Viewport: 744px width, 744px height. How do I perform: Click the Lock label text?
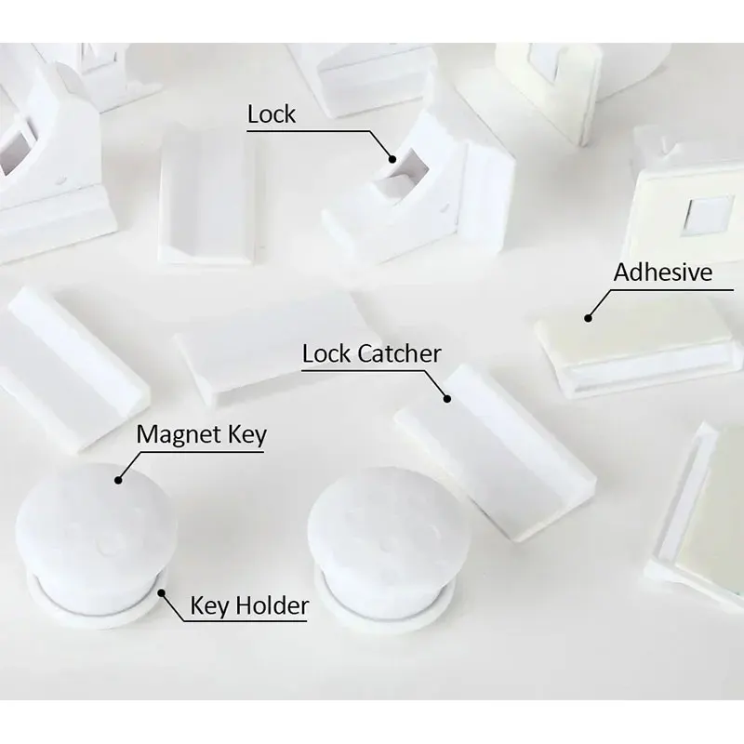272,114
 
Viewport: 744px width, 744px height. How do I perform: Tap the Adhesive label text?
663,272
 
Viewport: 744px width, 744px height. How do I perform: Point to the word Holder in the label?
272,606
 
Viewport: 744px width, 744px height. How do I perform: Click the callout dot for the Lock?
392,159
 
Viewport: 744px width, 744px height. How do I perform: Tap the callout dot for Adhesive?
588,318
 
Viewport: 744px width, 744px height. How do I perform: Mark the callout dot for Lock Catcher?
447,399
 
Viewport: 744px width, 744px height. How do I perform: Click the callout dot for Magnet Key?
119,480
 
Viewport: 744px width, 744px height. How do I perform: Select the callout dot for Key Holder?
162,592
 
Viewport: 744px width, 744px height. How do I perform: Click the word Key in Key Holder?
211,607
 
